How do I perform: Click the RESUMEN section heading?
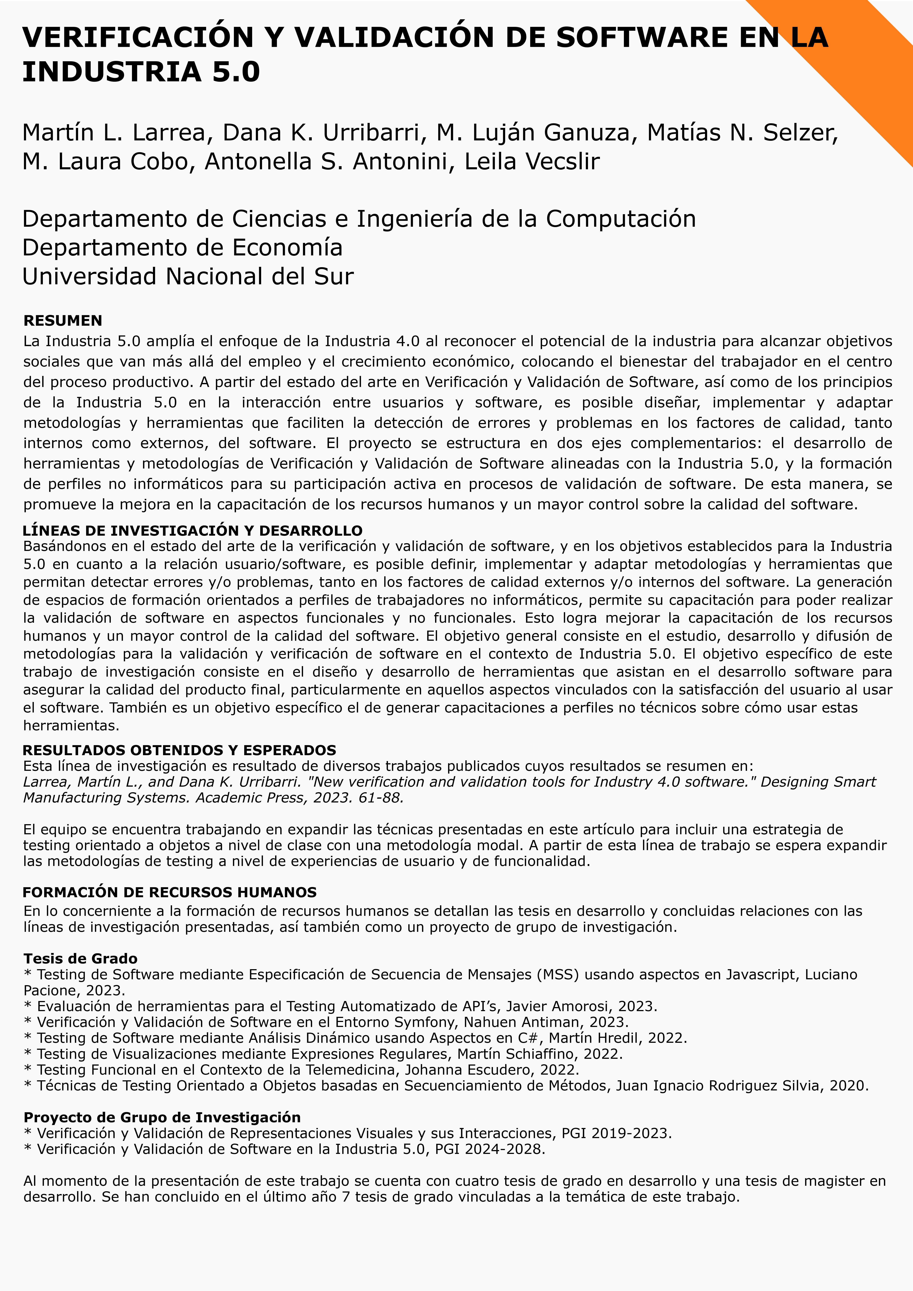[62, 321]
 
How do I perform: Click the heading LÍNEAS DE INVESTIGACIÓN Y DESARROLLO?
[192, 530]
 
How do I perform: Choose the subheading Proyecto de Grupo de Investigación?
[162, 1117]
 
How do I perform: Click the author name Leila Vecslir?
[532, 161]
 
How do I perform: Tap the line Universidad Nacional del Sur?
[188, 277]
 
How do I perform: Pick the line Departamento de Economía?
[182, 247]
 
